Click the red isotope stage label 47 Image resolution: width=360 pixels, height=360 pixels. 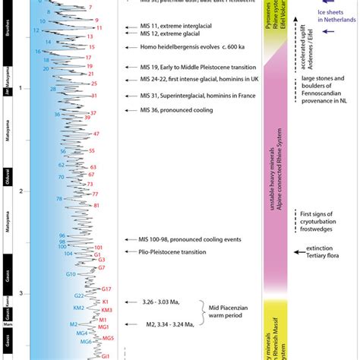(x=96, y=134)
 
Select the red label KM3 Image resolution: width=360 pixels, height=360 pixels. (x=106, y=310)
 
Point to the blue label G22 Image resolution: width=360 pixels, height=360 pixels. (x=79, y=295)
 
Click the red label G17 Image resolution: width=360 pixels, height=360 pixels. (x=106, y=289)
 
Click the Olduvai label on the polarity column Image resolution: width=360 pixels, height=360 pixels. (x=6, y=175)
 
